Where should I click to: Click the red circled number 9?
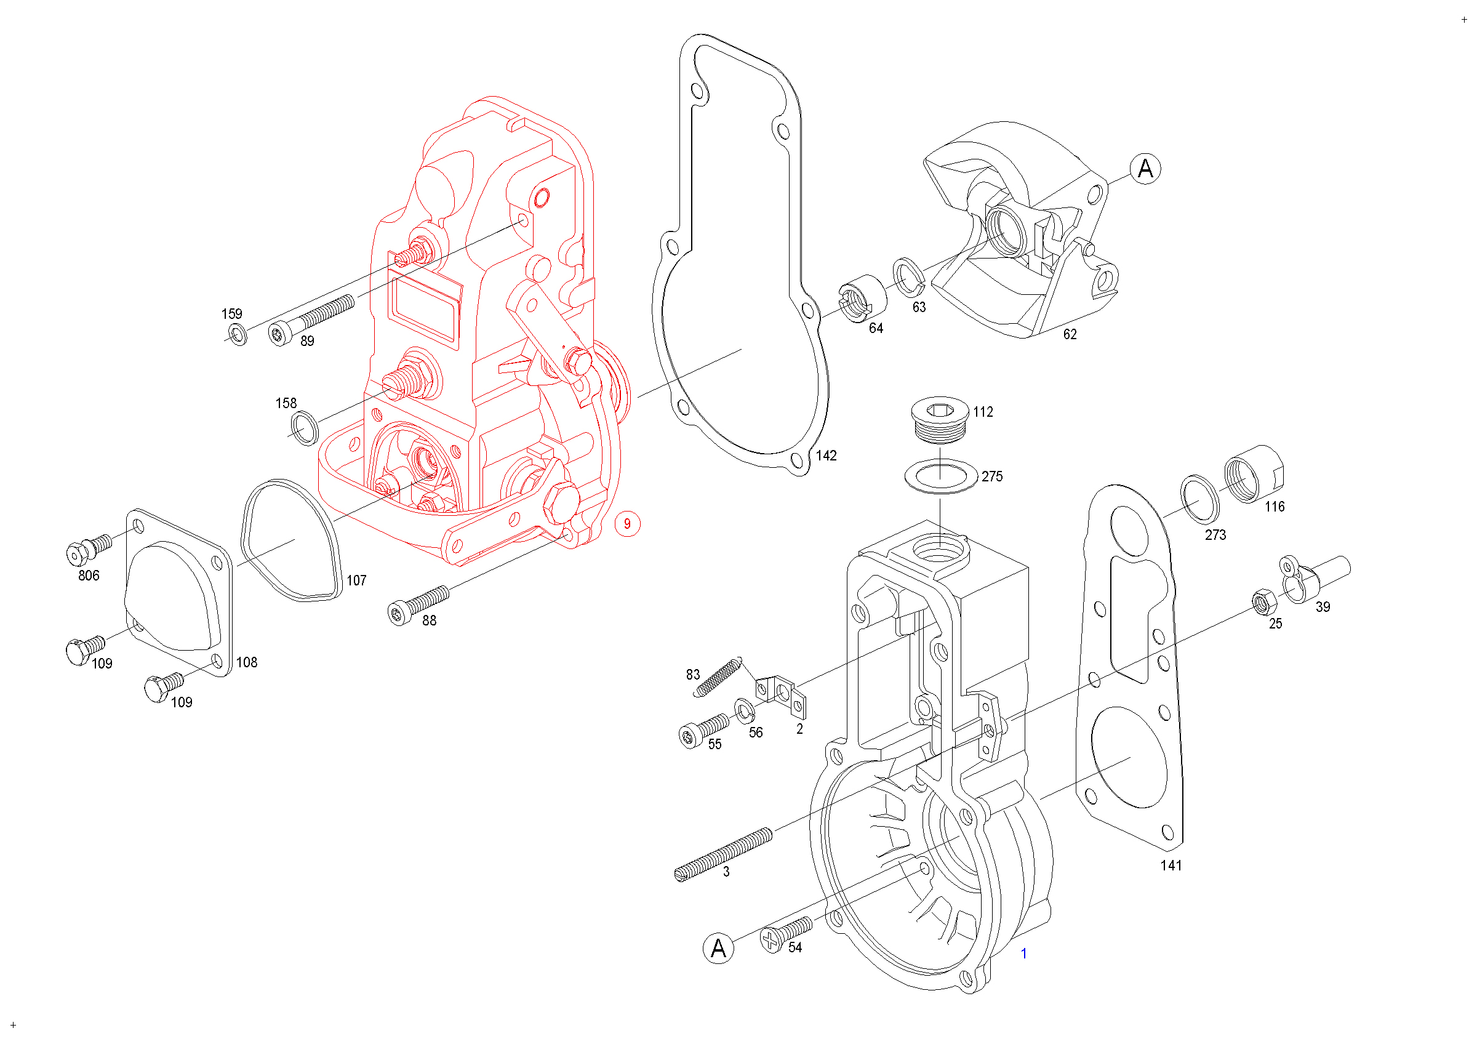coord(627,524)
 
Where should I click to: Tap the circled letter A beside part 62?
coord(1145,169)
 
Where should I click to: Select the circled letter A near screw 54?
coord(719,948)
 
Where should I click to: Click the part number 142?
coord(826,456)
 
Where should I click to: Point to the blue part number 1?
coord(1023,954)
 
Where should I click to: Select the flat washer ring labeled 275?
coord(941,476)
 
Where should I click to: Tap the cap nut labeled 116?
coord(1254,474)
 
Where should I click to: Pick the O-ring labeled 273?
coord(1199,499)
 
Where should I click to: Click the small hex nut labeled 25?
coord(1265,601)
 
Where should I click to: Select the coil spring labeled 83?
coord(718,677)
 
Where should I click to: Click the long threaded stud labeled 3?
coord(724,855)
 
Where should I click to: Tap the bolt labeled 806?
coord(89,549)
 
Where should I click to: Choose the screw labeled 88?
coord(418,605)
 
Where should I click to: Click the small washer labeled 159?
coord(238,334)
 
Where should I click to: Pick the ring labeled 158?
coord(304,429)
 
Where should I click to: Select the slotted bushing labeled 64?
coord(862,299)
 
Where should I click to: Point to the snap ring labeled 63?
coord(908,278)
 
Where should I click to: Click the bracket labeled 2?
coord(781,696)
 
